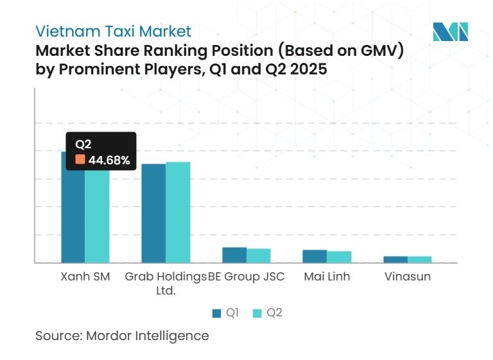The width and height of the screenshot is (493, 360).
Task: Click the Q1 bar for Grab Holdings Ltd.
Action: pyautogui.click(x=153, y=213)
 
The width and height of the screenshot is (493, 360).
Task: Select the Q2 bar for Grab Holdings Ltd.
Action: pyautogui.click(x=178, y=212)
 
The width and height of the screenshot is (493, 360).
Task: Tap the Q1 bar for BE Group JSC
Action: pyautogui.click(x=234, y=255)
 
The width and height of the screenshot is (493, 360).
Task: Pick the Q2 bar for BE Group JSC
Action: pyautogui.click(x=259, y=255)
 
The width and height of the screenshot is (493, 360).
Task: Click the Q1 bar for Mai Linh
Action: pyautogui.click(x=315, y=256)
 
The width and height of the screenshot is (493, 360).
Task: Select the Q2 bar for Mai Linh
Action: pyautogui.click(x=339, y=257)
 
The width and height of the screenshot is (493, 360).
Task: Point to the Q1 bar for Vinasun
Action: pyautogui.click(x=395, y=259)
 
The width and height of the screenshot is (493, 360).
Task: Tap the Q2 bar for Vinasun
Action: pyautogui.click(x=420, y=259)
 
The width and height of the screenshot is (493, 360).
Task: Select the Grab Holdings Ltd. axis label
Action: pyautogui.click(x=166, y=283)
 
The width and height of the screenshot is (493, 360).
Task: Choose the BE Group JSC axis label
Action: pyautogui.click(x=246, y=277)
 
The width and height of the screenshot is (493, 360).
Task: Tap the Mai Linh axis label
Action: pyautogui.click(x=327, y=277)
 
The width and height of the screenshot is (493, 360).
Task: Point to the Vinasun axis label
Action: pyautogui.click(x=408, y=277)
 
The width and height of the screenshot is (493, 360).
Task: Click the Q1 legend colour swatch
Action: pyautogui.click(x=216, y=313)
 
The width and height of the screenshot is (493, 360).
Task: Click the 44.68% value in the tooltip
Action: pyautogui.click(x=109, y=160)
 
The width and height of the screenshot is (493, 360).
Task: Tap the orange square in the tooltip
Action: pyautogui.click(x=80, y=160)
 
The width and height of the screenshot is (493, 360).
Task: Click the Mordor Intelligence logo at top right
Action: pyautogui.click(x=451, y=31)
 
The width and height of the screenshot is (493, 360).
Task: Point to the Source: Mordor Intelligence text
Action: pyautogui.click(x=122, y=336)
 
